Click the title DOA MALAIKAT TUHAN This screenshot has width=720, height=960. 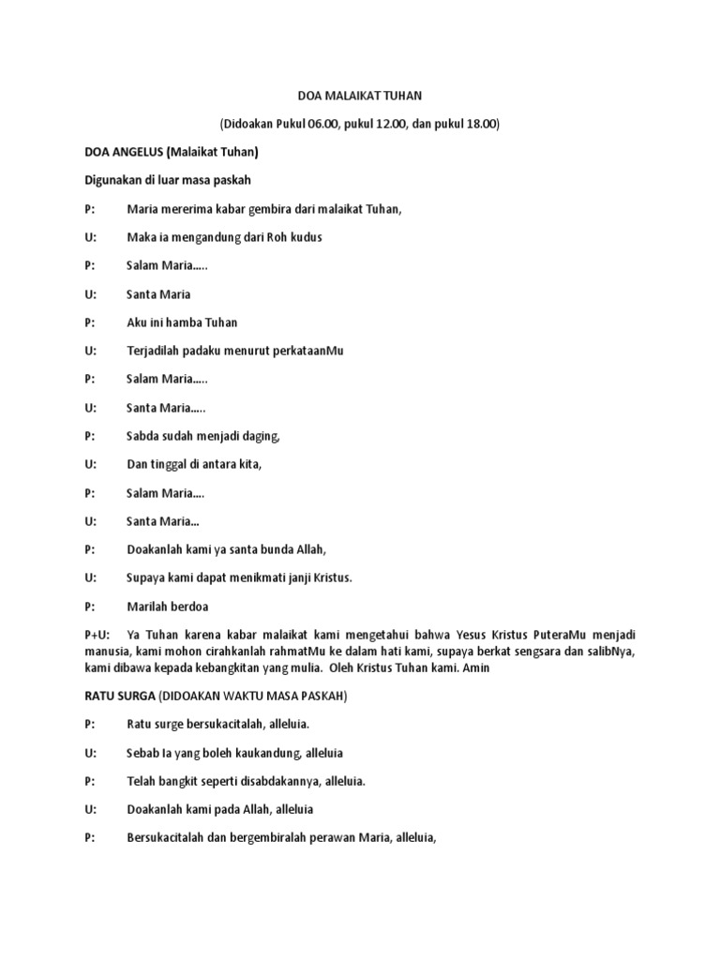tap(359, 95)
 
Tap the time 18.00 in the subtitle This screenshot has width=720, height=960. tap(481, 123)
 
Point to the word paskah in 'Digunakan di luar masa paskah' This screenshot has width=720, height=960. tap(232, 180)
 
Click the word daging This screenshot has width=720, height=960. tap(262, 436)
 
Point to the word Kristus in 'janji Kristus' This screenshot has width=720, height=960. tap(330, 578)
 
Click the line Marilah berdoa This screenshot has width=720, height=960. tap(168, 607)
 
